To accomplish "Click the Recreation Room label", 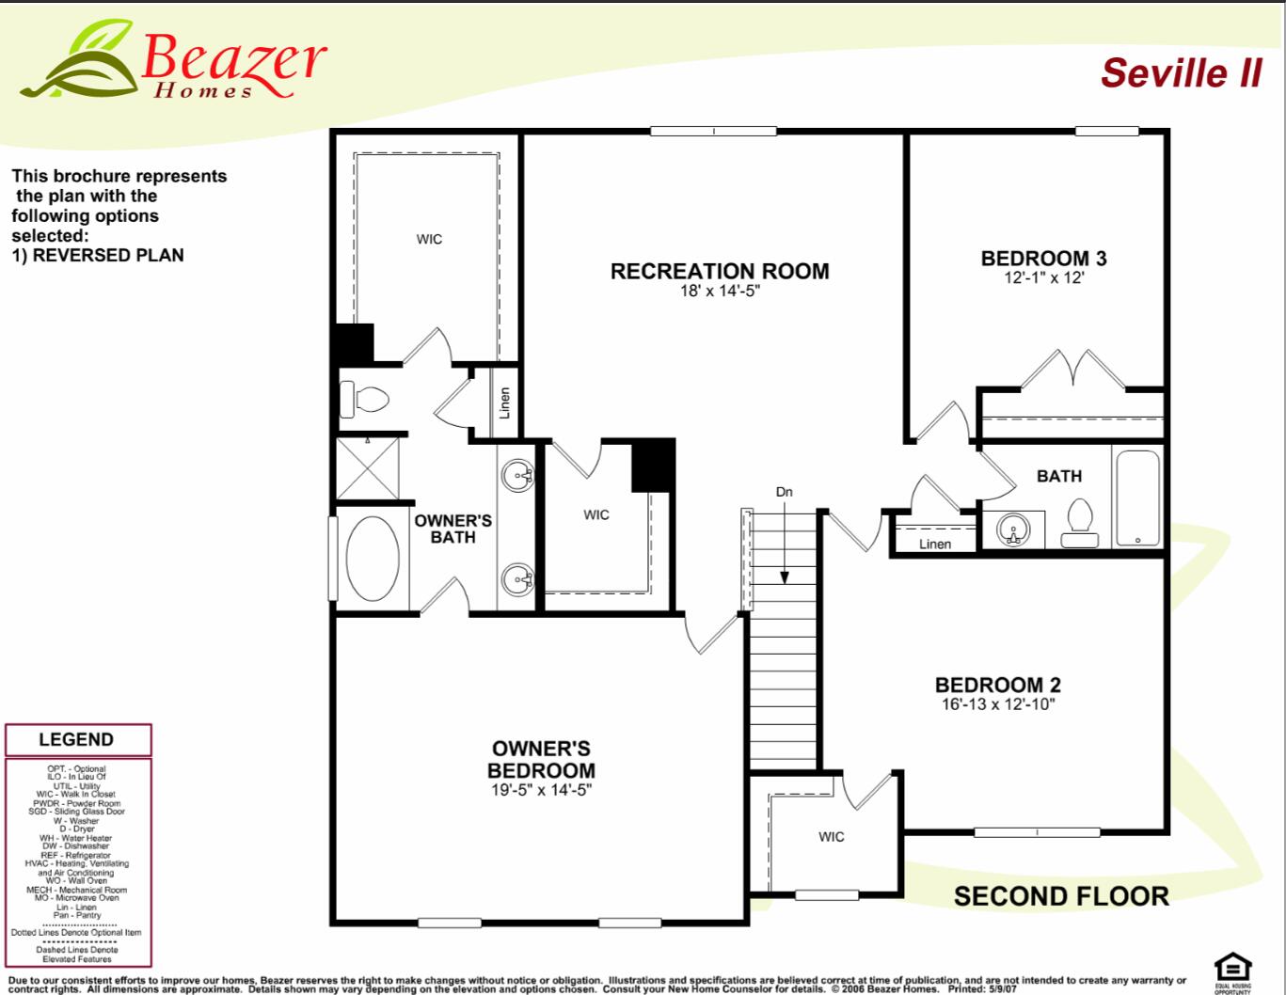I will (x=720, y=271).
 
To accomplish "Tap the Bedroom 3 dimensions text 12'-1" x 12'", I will (x=1044, y=277).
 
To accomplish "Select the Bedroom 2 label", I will (x=997, y=685).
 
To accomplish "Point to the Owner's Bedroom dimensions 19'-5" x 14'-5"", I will (x=540, y=791).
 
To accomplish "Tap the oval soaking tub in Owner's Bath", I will (x=373, y=559).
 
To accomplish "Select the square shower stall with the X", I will (x=367, y=467).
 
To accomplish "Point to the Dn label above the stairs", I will (x=784, y=492).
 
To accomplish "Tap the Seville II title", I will (x=1181, y=72).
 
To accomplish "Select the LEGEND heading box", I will (x=77, y=740).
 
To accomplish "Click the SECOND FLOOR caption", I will (x=1060, y=896).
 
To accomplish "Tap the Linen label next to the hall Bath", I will (x=934, y=544).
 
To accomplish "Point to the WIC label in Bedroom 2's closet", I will (x=831, y=836).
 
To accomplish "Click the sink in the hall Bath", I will (x=1013, y=530).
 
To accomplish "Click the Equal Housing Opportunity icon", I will (x=1232, y=970).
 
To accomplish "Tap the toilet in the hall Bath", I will (x=1079, y=524).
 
